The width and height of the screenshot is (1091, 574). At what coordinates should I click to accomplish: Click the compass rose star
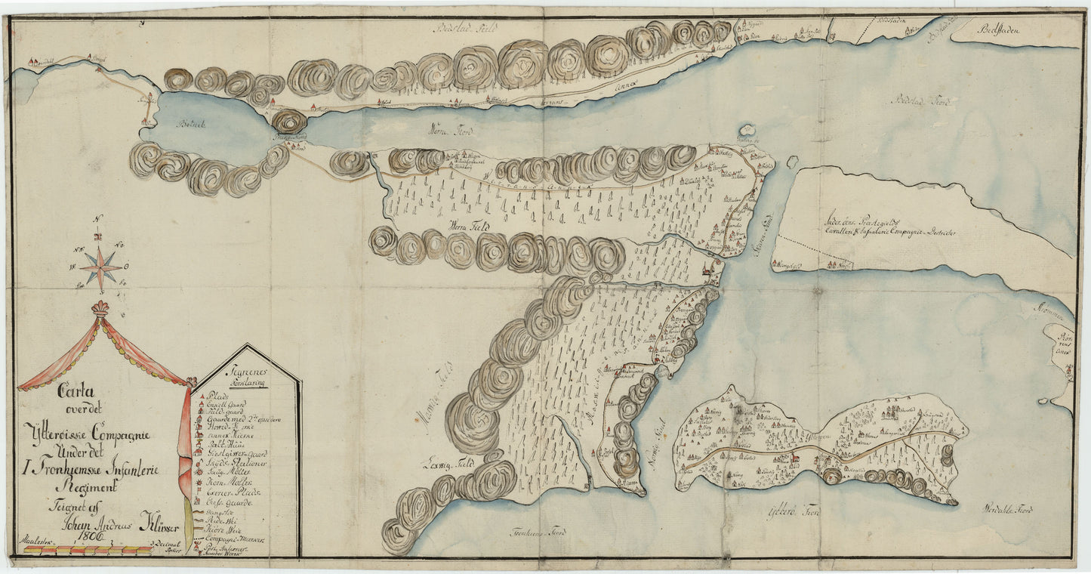[x=100, y=265]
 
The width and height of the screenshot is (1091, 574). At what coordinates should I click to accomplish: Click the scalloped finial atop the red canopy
[x=100, y=308]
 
